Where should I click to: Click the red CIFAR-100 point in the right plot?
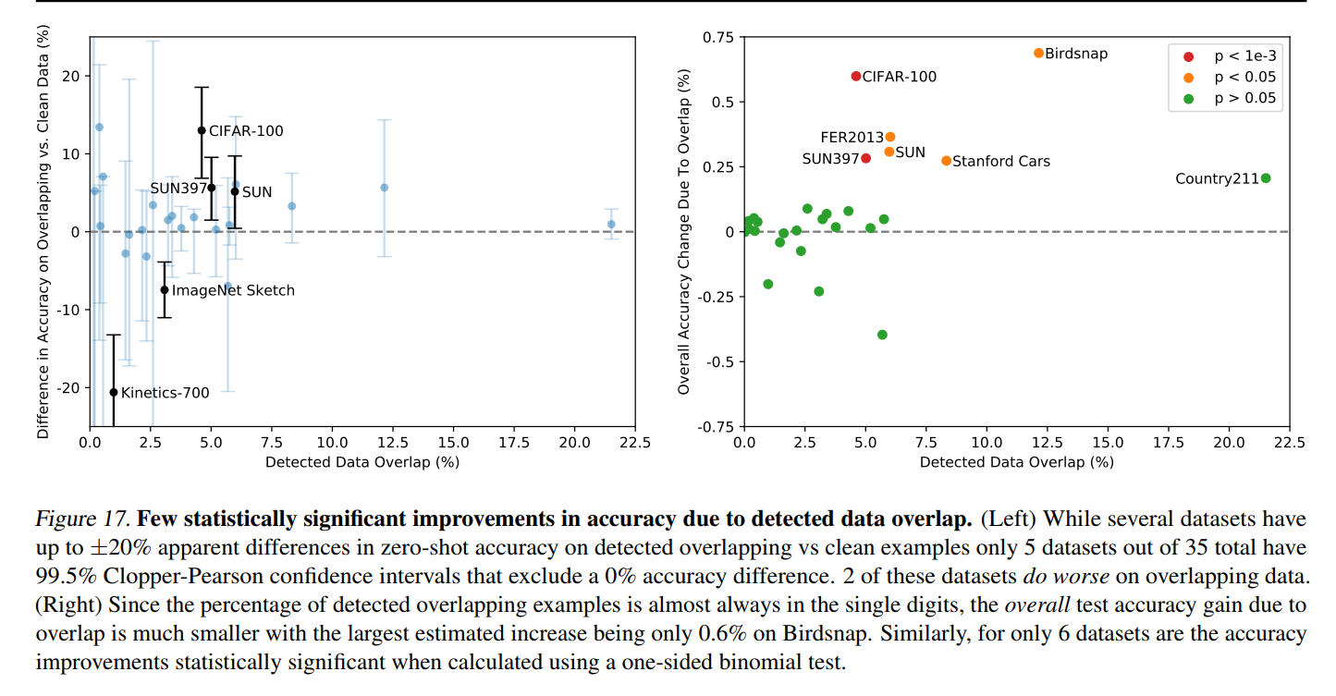pyautogui.click(x=856, y=76)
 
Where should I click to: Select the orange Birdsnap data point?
pyautogui.click(x=1038, y=54)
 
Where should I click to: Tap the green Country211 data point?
pyautogui.click(x=1266, y=178)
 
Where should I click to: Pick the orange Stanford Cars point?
pyautogui.click(x=946, y=161)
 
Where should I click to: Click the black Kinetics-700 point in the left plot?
pyautogui.click(x=114, y=392)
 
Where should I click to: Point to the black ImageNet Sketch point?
pyautogui.click(x=165, y=290)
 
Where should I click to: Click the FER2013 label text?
pyautogui.click(x=852, y=138)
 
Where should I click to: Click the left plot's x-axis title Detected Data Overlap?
pyautogui.click(x=362, y=462)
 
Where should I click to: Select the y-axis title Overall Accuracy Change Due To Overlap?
pyautogui.click(x=684, y=231)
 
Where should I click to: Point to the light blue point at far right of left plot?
pyautogui.click(x=611, y=224)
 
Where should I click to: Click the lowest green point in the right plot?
pyautogui.click(x=882, y=335)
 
